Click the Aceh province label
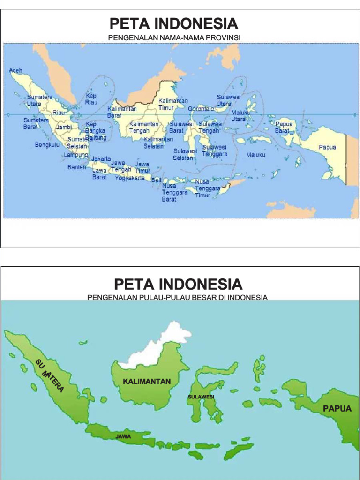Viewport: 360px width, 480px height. tap(15, 70)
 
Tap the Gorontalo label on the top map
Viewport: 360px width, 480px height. tap(201, 109)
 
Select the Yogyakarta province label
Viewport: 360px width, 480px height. tap(130, 178)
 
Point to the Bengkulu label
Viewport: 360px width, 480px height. tap(47, 145)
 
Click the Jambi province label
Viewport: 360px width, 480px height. tap(64, 127)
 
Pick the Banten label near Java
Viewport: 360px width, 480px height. tap(76, 167)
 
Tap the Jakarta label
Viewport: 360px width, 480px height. tap(101, 159)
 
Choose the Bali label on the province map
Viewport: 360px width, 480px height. tap(156, 180)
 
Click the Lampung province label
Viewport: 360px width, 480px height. tap(76, 154)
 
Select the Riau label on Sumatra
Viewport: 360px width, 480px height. tap(59, 112)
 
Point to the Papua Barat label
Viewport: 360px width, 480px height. tap(284, 127)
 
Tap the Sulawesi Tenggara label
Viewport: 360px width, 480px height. tap(215, 150)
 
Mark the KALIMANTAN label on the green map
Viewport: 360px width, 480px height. tap(147, 381)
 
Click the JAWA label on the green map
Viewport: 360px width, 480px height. tap(123, 436)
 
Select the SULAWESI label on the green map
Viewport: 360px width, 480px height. tap(201, 397)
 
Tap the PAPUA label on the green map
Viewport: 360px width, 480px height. tap(337, 408)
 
